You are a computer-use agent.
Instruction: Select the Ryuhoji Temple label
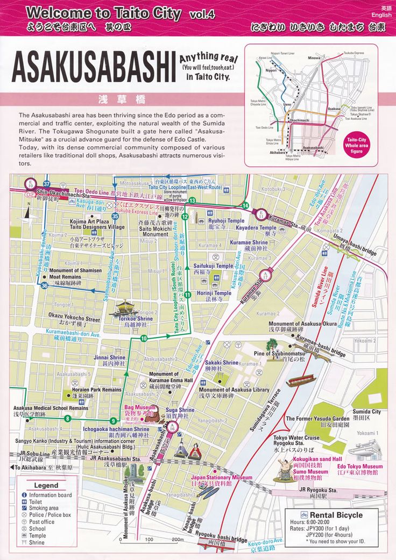pos(226,221)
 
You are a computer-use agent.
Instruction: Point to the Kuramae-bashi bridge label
pos(321,347)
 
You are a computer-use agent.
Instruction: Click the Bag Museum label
pos(140,408)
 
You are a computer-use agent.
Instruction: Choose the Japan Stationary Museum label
pos(221,477)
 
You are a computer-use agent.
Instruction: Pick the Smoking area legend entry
pos(44,508)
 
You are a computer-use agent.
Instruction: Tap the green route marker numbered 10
pos(144,339)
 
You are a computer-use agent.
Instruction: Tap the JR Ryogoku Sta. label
pos(318,490)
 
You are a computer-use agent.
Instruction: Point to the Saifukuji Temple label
pos(213,266)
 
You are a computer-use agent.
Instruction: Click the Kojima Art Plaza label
pos(89,221)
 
